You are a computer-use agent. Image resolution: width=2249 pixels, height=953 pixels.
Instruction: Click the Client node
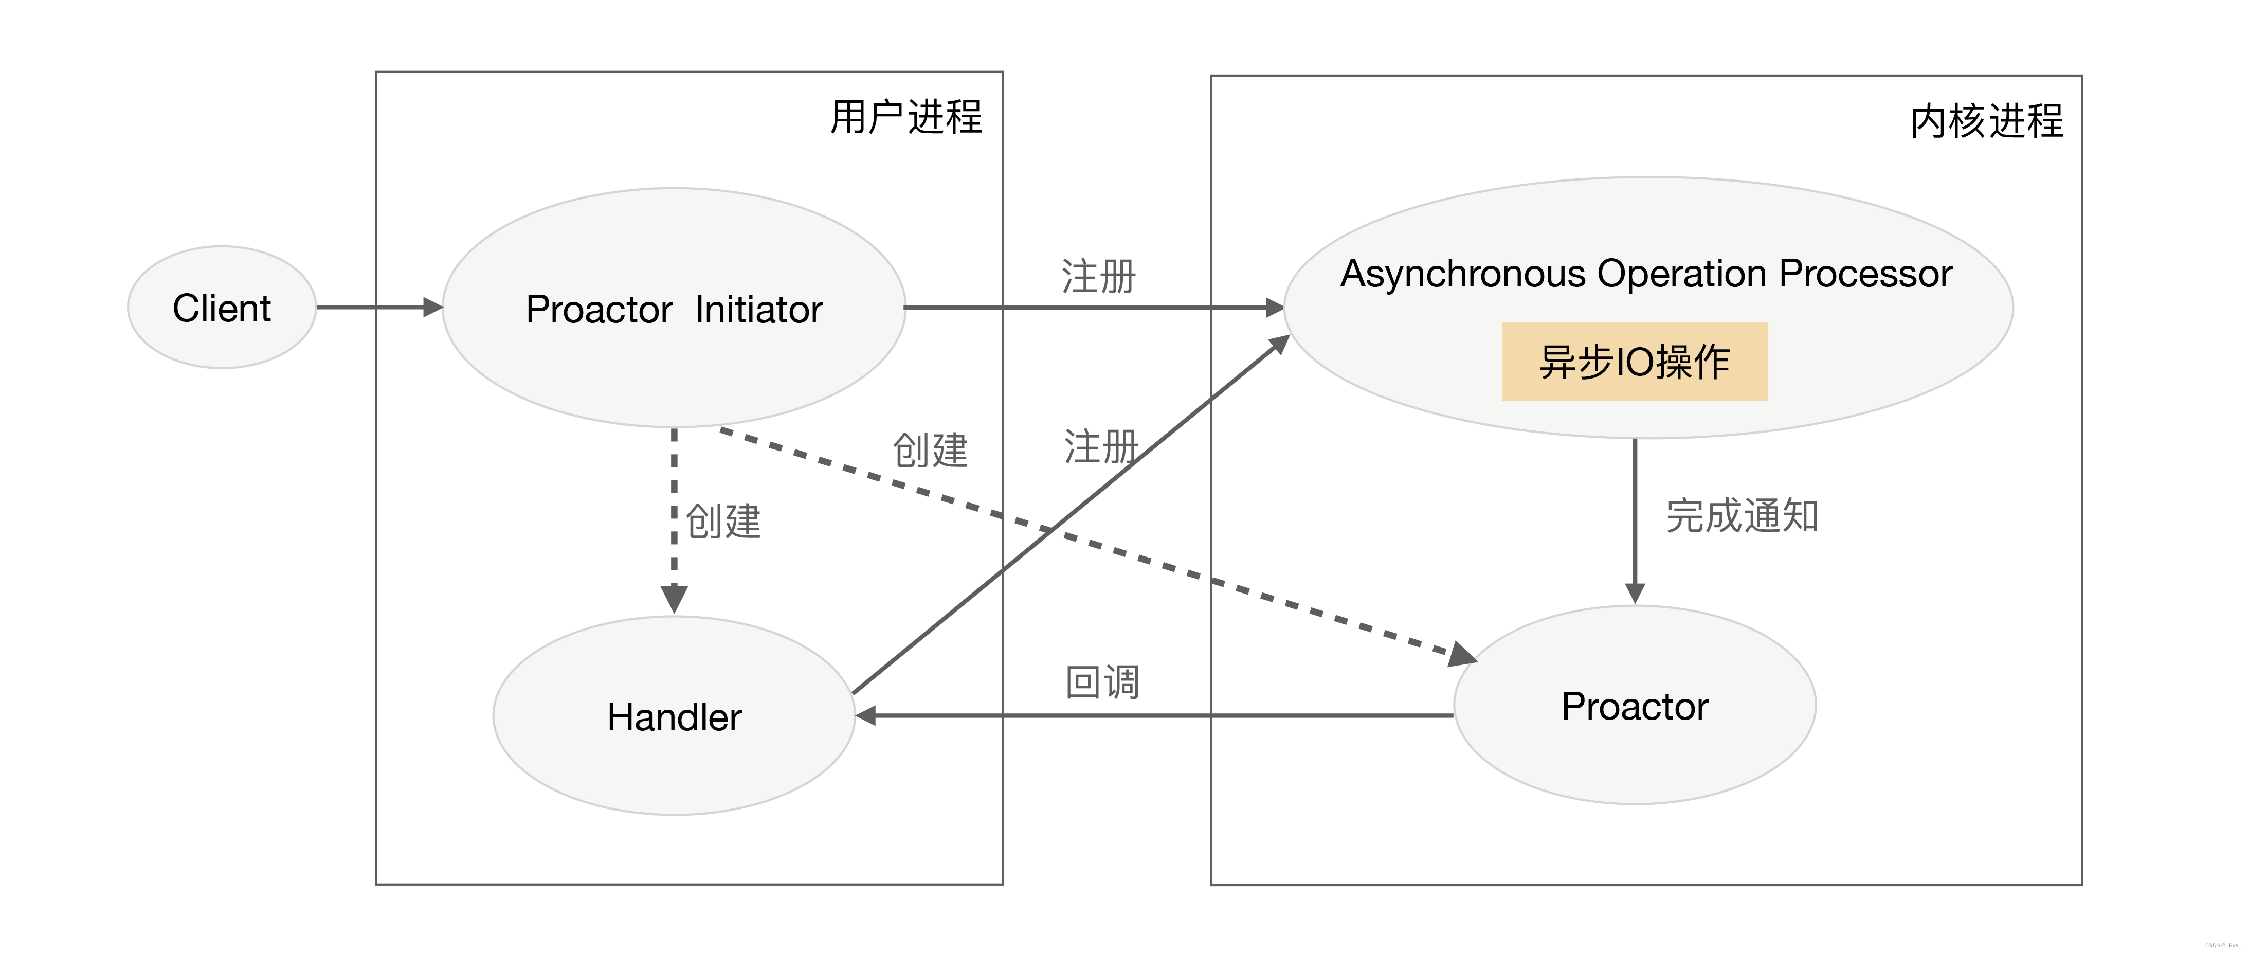pos(222,308)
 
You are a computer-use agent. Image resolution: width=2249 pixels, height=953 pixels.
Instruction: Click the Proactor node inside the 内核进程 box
pos(1635,706)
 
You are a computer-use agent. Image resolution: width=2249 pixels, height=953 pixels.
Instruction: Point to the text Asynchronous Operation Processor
pos(1646,274)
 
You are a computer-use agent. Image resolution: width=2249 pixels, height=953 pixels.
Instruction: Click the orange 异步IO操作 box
pos(1635,362)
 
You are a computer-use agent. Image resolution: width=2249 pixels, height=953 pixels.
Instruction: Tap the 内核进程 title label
pos(1986,120)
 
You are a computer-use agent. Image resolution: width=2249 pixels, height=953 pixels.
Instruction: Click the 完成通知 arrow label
pos(1742,515)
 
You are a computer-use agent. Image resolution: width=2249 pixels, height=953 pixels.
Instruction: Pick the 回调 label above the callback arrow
pos(1102,681)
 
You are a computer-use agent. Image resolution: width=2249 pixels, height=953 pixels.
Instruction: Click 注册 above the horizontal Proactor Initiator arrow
pos(1098,276)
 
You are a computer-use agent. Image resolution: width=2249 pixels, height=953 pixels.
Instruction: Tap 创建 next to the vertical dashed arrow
pos(723,522)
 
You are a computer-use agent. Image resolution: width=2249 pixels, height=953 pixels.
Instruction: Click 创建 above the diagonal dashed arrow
pos(930,451)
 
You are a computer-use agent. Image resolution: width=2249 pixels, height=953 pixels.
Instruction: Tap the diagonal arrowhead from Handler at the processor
pos(1279,343)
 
